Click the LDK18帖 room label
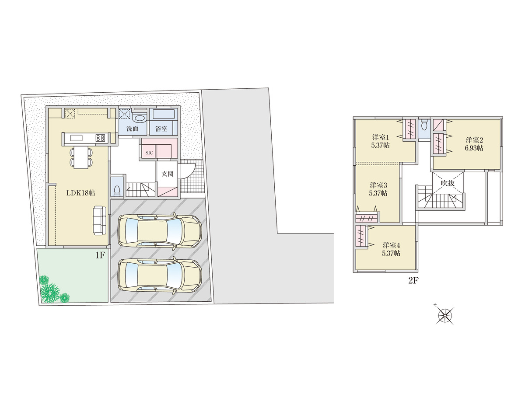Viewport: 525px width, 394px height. pyautogui.click(x=80, y=193)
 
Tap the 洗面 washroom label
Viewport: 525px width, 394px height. pyautogui.click(x=132, y=129)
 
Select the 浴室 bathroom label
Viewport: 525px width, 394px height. pyautogui.click(x=161, y=129)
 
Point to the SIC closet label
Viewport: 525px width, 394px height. pyautogui.click(x=149, y=153)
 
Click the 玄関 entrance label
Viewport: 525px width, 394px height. pyautogui.click(x=168, y=174)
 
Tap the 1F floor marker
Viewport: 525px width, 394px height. pyautogui.click(x=100, y=255)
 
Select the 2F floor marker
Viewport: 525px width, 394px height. pyautogui.click(x=413, y=280)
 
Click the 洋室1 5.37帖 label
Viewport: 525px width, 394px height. pyautogui.click(x=380, y=141)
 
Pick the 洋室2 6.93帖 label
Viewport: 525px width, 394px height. pyautogui.click(x=474, y=144)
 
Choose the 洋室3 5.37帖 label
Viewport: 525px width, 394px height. pyautogui.click(x=378, y=189)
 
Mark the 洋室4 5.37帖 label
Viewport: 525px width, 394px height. pyautogui.click(x=391, y=249)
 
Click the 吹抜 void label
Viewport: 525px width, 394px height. pyautogui.click(x=448, y=183)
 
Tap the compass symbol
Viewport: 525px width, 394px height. pyautogui.click(x=444, y=316)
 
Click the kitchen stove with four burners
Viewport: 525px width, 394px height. pyautogui.click(x=100, y=138)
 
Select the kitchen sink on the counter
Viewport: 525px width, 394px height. pyautogui.click(x=76, y=138)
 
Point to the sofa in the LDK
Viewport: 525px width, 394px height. pyautogui.click(x=99, y=220)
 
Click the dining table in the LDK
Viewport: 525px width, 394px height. pyautogui.click(x=81, y=157)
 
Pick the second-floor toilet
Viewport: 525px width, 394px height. pyautogui.click(x=424, y=125)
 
